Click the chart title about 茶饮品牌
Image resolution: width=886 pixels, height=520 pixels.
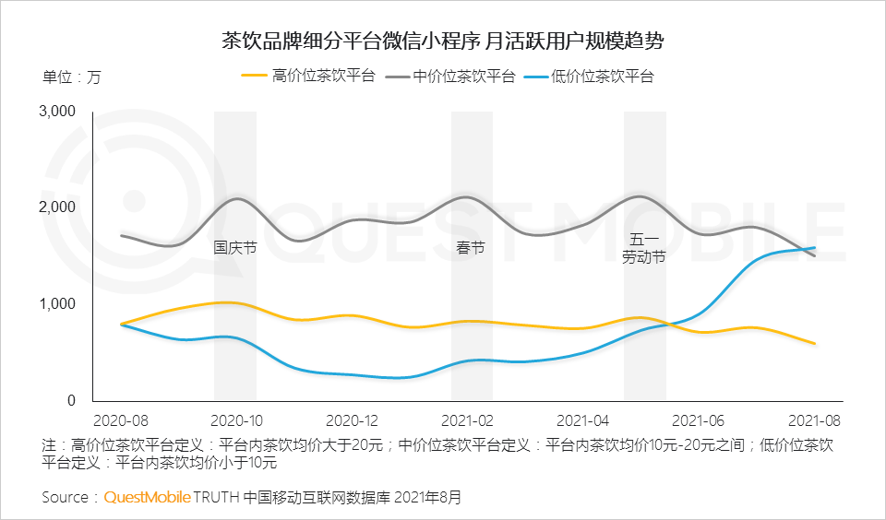pyautogui.click(x=443, y=41)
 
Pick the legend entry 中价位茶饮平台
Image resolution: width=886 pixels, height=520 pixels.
pyautogui.click(x=463, y=77)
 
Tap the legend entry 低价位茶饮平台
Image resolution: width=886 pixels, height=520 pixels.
pyautogui.click(x=602, y=77)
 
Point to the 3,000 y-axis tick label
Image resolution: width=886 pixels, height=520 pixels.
pyautogui.click(x=57, y=112)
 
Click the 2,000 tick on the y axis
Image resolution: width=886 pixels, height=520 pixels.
pyautogui.click(x=57, y=207)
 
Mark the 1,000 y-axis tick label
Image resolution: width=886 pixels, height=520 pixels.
pyautogui.click(x=57, y=304)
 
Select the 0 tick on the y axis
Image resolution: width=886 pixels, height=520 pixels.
pyautogui.click(x=70, y=401)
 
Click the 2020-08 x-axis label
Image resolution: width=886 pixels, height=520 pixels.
pyautogui.click(x=120, y=420)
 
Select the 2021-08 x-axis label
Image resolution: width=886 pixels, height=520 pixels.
pyautogui.click(x=815, y=420)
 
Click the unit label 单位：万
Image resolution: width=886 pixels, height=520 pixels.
pyautogui.click(x=71, y=77)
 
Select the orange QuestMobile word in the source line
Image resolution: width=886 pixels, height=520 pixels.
pyautogui.click(x=147, y=497)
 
